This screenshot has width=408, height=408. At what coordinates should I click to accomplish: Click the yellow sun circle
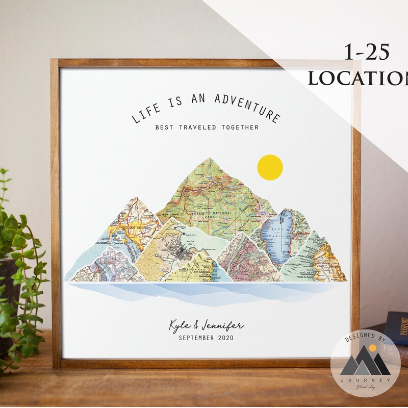(270, 167)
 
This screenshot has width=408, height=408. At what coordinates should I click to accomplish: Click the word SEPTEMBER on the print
(196, 338)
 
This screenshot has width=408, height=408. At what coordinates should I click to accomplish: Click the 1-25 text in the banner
(366, 53)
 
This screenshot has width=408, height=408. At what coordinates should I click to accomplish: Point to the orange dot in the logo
(373, 347)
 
